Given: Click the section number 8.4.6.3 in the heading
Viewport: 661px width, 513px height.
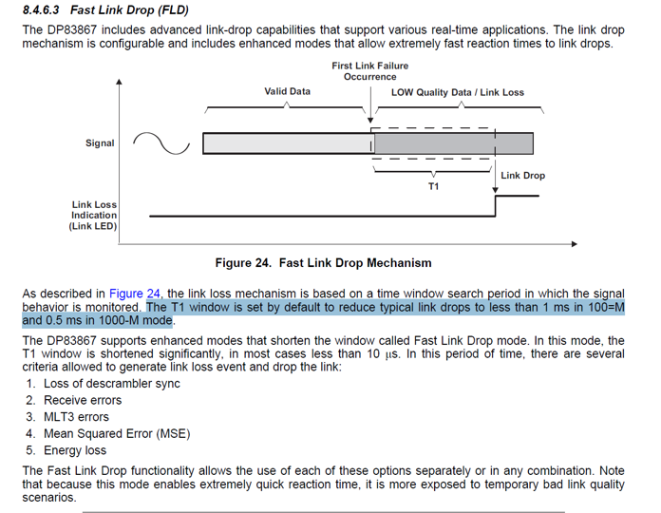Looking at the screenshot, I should point(41,10).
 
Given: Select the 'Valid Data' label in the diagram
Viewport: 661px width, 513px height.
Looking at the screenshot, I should point(287,92).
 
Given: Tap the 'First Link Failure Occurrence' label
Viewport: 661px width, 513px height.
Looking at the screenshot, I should point(370,71).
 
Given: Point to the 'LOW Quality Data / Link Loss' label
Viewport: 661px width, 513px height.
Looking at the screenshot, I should point(457,92).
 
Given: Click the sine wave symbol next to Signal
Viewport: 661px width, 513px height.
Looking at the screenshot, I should point(162,142).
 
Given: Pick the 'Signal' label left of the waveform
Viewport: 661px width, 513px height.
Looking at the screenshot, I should point(100,143).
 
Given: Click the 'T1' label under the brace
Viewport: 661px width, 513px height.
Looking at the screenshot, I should point(433,187).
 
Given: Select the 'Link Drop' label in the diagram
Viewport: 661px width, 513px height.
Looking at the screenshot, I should point(522,176).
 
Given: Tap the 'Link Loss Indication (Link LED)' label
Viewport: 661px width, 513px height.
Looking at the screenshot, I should point(94,216).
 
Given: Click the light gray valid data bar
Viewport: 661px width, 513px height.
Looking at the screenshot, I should point(287,143).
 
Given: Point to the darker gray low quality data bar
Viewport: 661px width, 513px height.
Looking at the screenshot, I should point(454,143).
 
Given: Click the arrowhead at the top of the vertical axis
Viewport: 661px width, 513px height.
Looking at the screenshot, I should point(119,83).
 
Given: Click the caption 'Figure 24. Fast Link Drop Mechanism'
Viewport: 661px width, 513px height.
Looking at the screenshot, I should point(323,263).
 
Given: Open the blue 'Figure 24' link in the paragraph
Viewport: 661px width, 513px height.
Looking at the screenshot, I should point(135,294).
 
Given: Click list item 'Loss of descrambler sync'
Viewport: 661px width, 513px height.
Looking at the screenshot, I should point(111,383).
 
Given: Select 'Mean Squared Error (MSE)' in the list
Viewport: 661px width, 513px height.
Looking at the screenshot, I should point(116,434).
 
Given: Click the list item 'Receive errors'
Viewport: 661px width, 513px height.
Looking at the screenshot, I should point(83,400).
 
